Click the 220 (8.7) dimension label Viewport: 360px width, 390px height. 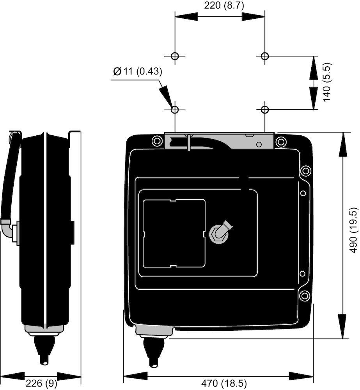(224, 5)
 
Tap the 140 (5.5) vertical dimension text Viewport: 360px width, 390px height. (327, 82)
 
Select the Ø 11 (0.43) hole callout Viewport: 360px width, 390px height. (138, 72)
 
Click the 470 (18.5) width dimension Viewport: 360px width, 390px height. (223, 383)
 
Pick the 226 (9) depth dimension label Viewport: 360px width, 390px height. (42, 383)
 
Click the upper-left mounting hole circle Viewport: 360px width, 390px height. (175, 56)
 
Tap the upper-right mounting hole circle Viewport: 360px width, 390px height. (265, 56)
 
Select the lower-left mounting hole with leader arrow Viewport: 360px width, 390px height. (175, 110)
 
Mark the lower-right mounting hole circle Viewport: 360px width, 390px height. (265, 110)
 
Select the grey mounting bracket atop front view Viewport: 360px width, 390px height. (219, 141)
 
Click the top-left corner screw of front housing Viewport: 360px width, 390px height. (157, 141)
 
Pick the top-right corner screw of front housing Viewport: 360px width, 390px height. (281, 142)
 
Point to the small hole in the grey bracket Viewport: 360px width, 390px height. (259, 144)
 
